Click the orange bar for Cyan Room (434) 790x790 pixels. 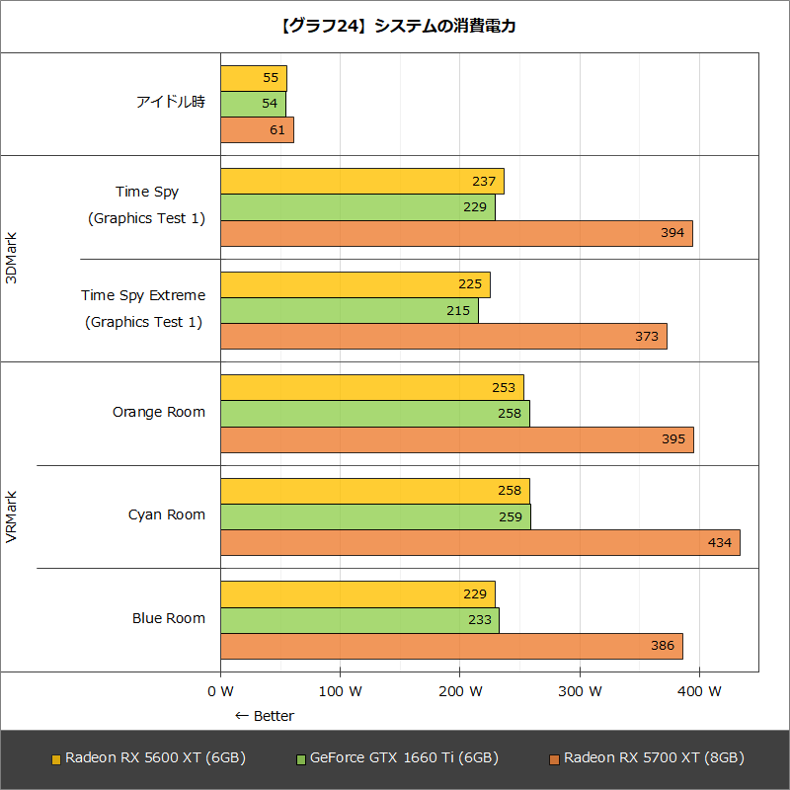480,543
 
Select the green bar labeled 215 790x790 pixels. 349,311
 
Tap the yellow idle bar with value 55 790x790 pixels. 253,78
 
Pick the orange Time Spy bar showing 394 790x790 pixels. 456,233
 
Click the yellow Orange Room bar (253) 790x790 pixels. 371,388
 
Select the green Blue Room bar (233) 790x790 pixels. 359,620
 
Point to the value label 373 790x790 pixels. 647,337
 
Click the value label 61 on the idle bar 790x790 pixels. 276,130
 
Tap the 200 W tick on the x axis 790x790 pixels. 459,691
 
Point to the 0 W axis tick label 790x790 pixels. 220,691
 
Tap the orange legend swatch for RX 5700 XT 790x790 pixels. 555,759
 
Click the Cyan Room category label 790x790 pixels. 167,514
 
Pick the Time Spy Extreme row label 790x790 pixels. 143,295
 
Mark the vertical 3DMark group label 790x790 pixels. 12,258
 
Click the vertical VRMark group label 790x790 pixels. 12,516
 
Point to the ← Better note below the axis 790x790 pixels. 264,716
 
